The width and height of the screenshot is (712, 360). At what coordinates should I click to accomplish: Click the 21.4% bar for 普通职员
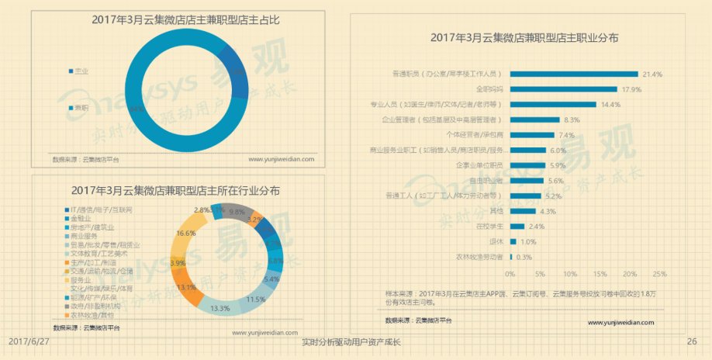click(x=574, y=74)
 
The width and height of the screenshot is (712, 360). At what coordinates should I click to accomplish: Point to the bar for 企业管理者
click(x=535, y=120)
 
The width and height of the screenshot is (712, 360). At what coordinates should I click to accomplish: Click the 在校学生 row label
click(x=488, y=227)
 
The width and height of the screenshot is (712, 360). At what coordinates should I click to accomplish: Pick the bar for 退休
click(x=513, y=241)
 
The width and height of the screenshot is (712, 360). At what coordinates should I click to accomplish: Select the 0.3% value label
click(x=524, y=257)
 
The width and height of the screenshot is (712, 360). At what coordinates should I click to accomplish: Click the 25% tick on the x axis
click(x=659, y=274)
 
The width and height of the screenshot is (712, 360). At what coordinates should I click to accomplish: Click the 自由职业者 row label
click(x=486, y=181)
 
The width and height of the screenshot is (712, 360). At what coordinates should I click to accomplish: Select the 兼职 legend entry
click(x=81, y=108)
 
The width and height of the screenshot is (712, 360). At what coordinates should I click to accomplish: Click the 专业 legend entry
click(x=81, y=71)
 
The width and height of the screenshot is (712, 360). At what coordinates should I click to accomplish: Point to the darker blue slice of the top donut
click(x=234, y=72)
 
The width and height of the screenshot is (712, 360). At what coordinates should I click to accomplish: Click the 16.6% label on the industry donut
click(x=186, y=234)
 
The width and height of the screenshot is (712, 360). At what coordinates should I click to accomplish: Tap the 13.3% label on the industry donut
click(x=220, y=308)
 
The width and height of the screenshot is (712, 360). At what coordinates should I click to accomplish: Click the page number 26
click(x=692, y=342)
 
